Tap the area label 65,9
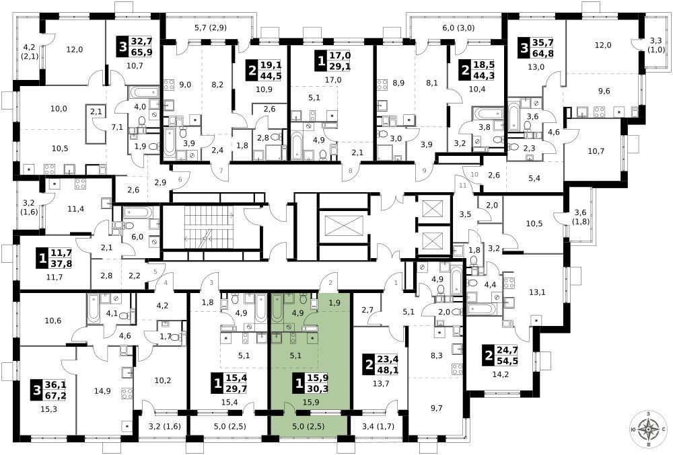click(x=142, y=52)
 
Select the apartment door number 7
click(x=221, y=171)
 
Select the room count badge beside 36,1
click(x=37, y=391)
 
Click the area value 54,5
click(x=507, y=361)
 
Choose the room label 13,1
click(x=537, y=292)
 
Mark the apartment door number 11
click(x=462, y=185)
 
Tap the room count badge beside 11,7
click(x=42, y=259)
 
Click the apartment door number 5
click(x=156, y=272)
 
